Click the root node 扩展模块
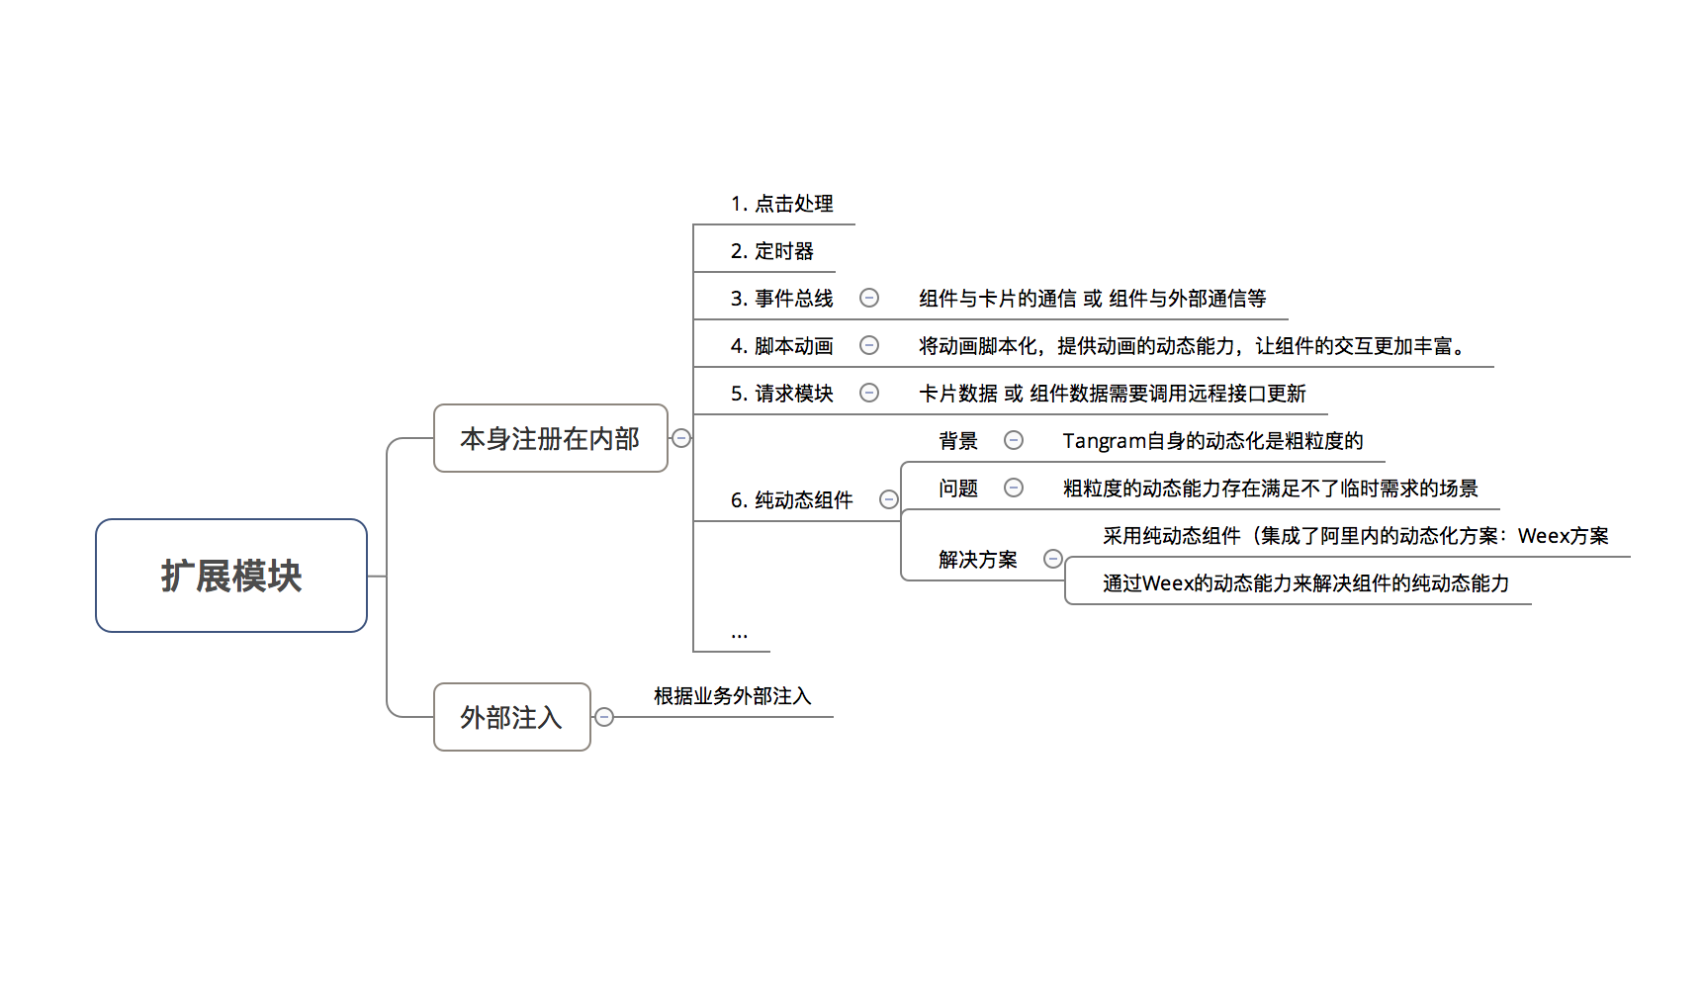click(231, 576)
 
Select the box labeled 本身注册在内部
click(550, 438)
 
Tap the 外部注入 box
click(511, 717)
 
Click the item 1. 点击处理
click(781, 204)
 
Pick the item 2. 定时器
click(771, 251)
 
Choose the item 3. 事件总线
click(781, 299)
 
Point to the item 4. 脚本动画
click(781, 346)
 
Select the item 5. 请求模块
click(781, 394)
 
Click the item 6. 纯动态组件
click(791, 500)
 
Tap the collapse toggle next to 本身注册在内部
click(681, 438)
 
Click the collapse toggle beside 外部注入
click(604, 717)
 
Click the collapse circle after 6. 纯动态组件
click(889, 499)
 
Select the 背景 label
click(957, 441)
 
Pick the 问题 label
click(957, 489)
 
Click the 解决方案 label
click(977, 560)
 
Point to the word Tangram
click(1104, 441)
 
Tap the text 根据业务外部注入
click(732, 696)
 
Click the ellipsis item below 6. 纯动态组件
click(739, 634)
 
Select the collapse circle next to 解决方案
click(1053, 559)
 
